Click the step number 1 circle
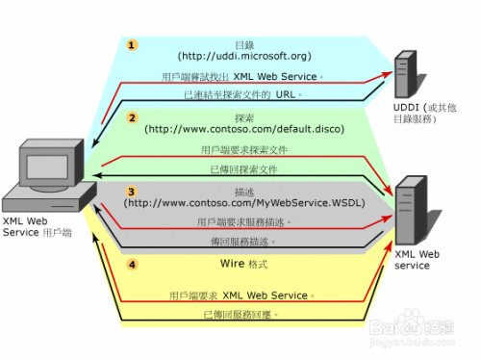click(x=134, y=44)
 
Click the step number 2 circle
click(x=134, y=116)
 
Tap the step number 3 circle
click(x=134, y=192)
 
